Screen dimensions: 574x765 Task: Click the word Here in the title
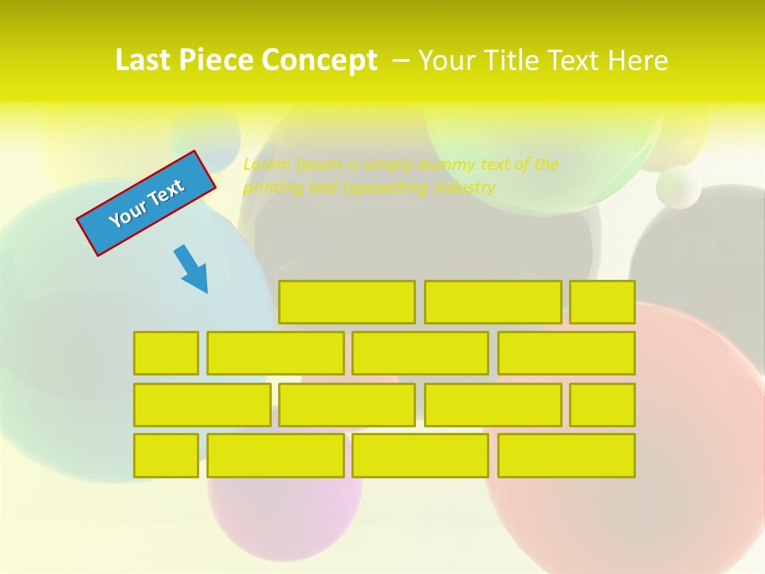pos(637,61)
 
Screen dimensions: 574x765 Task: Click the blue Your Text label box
pos(147,203)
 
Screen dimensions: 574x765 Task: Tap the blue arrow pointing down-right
pos(192,269)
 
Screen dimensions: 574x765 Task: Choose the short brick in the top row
pos(602,302)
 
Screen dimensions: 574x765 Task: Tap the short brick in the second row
pos(166,353)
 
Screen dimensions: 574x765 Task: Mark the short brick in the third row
pos(602,405)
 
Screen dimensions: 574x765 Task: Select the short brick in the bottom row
pos(166,456)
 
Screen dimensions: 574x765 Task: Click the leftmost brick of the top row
pos(347,302)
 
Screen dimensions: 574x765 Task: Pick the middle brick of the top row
pos(492,302)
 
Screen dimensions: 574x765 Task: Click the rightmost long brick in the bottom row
pos(567,456)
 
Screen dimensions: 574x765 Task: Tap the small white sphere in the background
pos(678,187)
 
